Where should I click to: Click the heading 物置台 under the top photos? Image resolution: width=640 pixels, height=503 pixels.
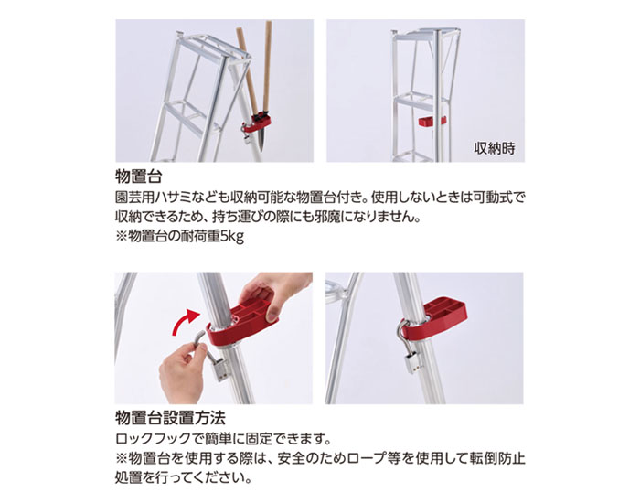[x=139, y=177]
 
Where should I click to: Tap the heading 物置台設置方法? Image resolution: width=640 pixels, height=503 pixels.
[x=170, y=418]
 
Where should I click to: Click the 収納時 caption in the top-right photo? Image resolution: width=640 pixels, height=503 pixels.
[x=495, y=148]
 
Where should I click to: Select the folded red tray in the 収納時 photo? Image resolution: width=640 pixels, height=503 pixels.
[x=432, y=122]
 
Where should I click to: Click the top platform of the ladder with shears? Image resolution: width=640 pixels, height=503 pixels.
[x=212, y=49]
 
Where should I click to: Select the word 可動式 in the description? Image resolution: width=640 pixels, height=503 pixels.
[x=488, y=198]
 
